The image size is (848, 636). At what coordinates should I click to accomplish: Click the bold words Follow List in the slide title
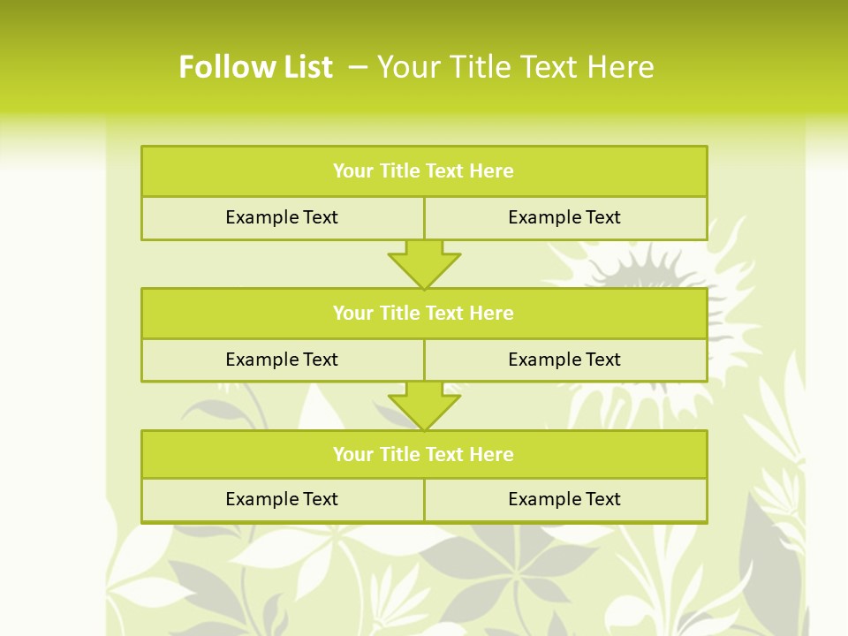(x=255, y=67)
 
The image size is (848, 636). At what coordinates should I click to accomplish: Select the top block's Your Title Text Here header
(x=423, y=171)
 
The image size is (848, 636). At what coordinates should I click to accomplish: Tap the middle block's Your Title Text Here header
(x=423, y=313)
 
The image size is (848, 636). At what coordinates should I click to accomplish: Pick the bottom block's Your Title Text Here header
(x=423, y=454)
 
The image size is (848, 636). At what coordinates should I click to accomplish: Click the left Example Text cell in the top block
(x=282, y=217)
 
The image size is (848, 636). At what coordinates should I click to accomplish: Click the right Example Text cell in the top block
(x=564, y=217)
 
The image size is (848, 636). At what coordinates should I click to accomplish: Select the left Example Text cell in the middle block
(x=282, y=360)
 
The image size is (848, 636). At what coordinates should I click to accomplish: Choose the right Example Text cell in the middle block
(x=564, y=360)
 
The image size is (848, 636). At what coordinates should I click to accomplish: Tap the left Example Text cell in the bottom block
(x=282, y=499)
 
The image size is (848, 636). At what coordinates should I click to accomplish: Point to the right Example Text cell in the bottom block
(x=564, y=499)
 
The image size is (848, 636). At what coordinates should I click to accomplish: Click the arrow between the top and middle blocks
(x=424, y=263)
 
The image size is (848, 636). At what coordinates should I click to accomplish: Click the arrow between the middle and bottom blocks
(x=424, y=405)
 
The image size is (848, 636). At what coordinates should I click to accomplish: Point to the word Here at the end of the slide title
(x=622, y=67)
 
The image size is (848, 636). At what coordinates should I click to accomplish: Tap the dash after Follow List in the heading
(x=358, y=67)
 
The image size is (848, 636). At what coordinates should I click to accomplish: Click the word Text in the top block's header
(x=444, y=171)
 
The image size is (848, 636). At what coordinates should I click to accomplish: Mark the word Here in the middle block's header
(x=491, y=313)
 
